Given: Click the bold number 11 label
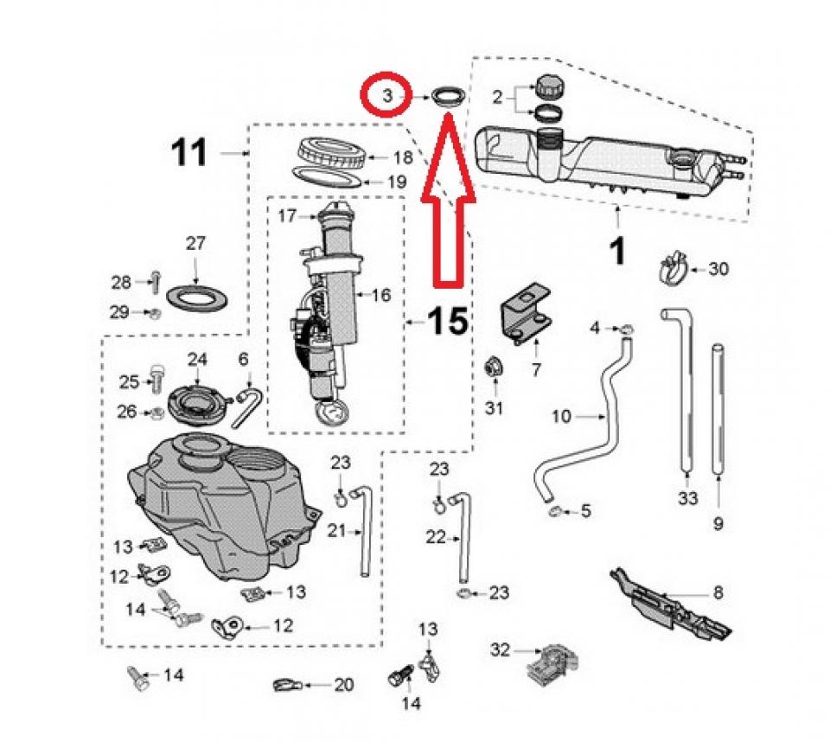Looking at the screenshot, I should point(189,154).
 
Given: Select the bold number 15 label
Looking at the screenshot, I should point(448,322).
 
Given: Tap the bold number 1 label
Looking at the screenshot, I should point(616,252).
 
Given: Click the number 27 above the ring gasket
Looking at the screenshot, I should point(196,244).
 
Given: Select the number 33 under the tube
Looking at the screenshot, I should point(687,498).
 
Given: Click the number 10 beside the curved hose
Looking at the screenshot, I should point(561,417).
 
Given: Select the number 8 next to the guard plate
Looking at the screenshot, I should point(718,593).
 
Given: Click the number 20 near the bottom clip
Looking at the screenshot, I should point(343,685).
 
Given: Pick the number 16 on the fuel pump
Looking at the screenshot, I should point(381,295).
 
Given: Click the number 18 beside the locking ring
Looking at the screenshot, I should point(403,157).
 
